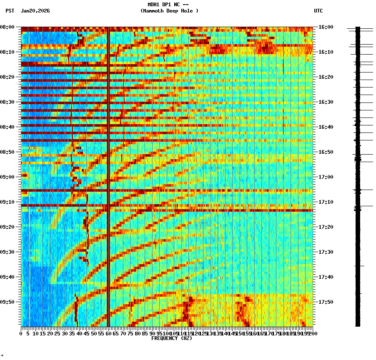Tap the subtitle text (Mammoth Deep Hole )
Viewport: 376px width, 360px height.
169,11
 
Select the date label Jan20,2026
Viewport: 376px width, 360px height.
35,11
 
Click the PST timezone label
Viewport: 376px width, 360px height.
10,11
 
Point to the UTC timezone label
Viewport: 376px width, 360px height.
318,11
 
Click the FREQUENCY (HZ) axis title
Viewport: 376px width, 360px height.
171,338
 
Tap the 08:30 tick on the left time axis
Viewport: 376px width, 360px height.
8,102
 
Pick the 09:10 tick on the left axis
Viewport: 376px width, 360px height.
8,202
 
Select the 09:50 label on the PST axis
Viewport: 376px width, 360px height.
8,302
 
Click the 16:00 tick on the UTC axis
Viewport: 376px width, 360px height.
326,27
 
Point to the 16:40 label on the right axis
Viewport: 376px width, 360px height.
326,127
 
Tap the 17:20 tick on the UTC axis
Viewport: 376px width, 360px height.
326,227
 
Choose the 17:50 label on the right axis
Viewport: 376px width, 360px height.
326,302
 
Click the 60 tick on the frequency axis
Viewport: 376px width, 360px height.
108,333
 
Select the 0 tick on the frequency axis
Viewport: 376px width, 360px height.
21,333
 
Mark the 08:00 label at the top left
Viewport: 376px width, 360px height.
8,27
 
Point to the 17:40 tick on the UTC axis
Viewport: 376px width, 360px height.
326,277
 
